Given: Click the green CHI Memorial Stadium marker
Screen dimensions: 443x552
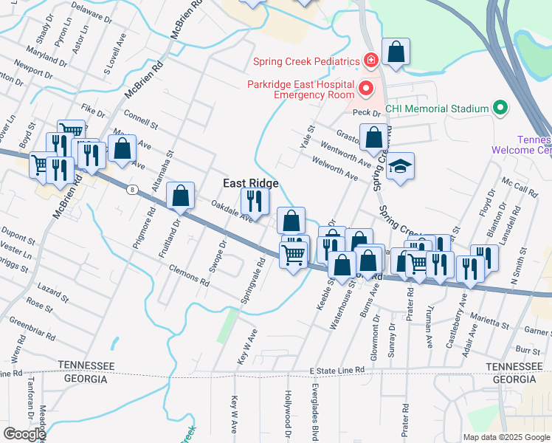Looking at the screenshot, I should pyautogui.click(x=501, y=109).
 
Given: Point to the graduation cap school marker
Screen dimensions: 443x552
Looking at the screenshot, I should pyautogui.click(x=401, y=166).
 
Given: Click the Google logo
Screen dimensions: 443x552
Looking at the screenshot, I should pyautogui.click(x=24, y=434).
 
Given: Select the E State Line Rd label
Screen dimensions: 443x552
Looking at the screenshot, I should pyautogui.click(x=337, y=369).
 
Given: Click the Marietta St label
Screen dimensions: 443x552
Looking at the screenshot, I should pyautogui.click(x=489, y=320).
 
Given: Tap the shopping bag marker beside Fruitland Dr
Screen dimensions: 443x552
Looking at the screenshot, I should pyautogui.click(x=181, y=196).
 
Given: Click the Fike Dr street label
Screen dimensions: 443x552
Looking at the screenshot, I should pyautogui.click(x=94, y=111).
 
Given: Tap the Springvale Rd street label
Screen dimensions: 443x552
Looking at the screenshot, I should pyautogui.click(x=252, y=282).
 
